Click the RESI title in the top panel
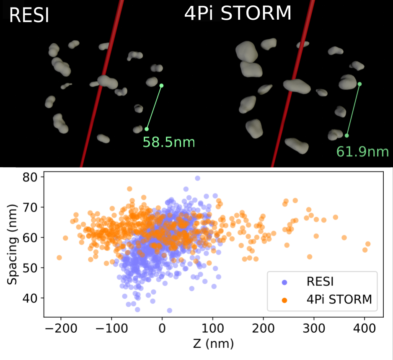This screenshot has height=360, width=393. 29,16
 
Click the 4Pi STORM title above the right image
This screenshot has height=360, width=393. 238,14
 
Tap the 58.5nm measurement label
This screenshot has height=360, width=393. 169,142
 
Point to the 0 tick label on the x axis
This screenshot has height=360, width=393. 162,328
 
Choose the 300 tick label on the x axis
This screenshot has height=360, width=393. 314,328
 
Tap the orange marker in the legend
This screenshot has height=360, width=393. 285,300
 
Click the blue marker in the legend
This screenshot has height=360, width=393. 285,283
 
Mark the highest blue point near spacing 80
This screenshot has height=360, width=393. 197,178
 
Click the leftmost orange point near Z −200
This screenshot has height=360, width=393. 59,257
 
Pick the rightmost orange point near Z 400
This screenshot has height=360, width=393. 368,243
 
